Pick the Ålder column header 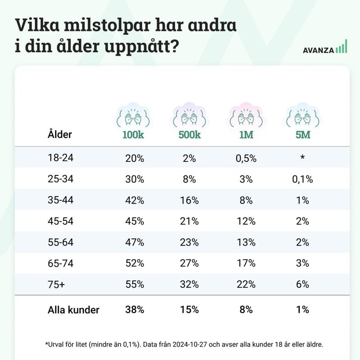pyautogui.click(x=59, y=134)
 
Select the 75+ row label pyautogui.click(x=55, y=284)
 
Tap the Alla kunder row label pyautogui.click(x=73, y=310)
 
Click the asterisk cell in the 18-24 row pyautogui.click(x=302, y=158)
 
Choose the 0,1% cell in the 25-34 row pyautogui.click(x=302, y=179)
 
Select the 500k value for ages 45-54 pyautogui.click(x=189, y=221)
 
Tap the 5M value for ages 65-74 pyautogui.click(x=302, y=263)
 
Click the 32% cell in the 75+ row pyautogui.click(x=189, y=284)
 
